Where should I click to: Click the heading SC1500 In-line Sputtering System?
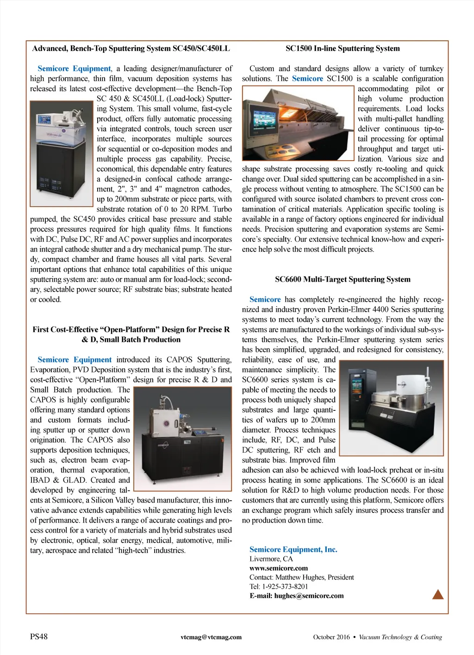pos(343,48)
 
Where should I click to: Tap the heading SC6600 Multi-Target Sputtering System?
pos(343,279)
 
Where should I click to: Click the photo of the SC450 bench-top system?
pos(62,154)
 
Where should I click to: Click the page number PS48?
pos(39,636)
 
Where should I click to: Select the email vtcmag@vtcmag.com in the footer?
pos(211,637)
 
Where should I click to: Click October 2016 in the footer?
pos(331,637)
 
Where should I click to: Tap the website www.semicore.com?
pos(279,568)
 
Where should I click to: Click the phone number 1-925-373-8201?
pos(285,586)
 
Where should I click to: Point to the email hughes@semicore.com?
pos(309,596)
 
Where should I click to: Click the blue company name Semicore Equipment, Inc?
pos(293,549)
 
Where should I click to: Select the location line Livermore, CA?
pos(271,559)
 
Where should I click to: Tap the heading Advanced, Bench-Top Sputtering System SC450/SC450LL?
pos(131,48)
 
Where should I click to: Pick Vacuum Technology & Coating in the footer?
pos(400,637)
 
